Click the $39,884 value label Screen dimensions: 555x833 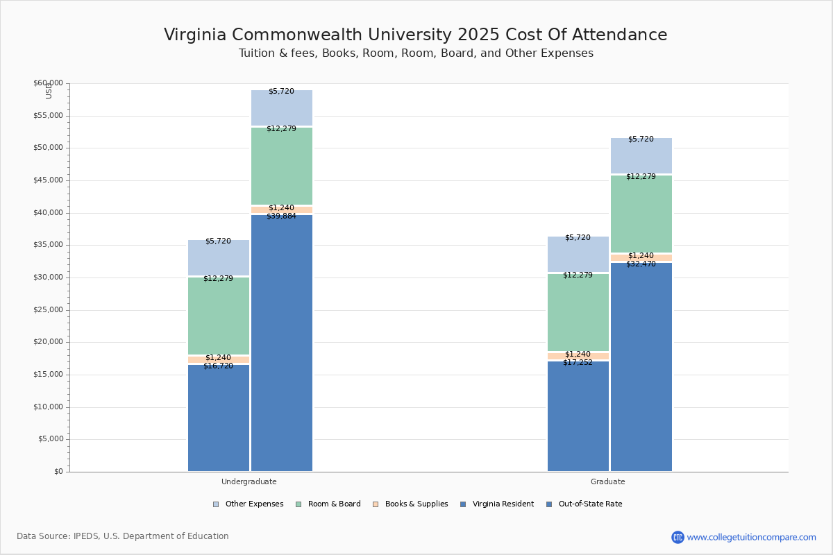[x=281, y=216]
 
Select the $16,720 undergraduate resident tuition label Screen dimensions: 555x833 [x=218, y=366]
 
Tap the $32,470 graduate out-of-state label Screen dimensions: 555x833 [x=641, y=264]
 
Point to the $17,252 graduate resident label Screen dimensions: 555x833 [x=578, y=363]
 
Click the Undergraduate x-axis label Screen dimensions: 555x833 [x=249, y=481]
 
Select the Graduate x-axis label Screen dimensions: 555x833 [x=607, y=481]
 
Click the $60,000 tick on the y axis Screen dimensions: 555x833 [x=48, y=83]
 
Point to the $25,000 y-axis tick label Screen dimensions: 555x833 [x=48, y=310]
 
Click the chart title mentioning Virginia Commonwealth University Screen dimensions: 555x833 [x=415, y=35]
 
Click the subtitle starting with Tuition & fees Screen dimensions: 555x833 [x=415, y=53]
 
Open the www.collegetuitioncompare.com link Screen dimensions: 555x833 [x=751, y=537]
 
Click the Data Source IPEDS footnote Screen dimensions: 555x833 [x=123, y=536]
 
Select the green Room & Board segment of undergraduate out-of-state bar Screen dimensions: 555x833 [x=282, y=166]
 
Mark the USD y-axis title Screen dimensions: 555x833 [x=49, y=91]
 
